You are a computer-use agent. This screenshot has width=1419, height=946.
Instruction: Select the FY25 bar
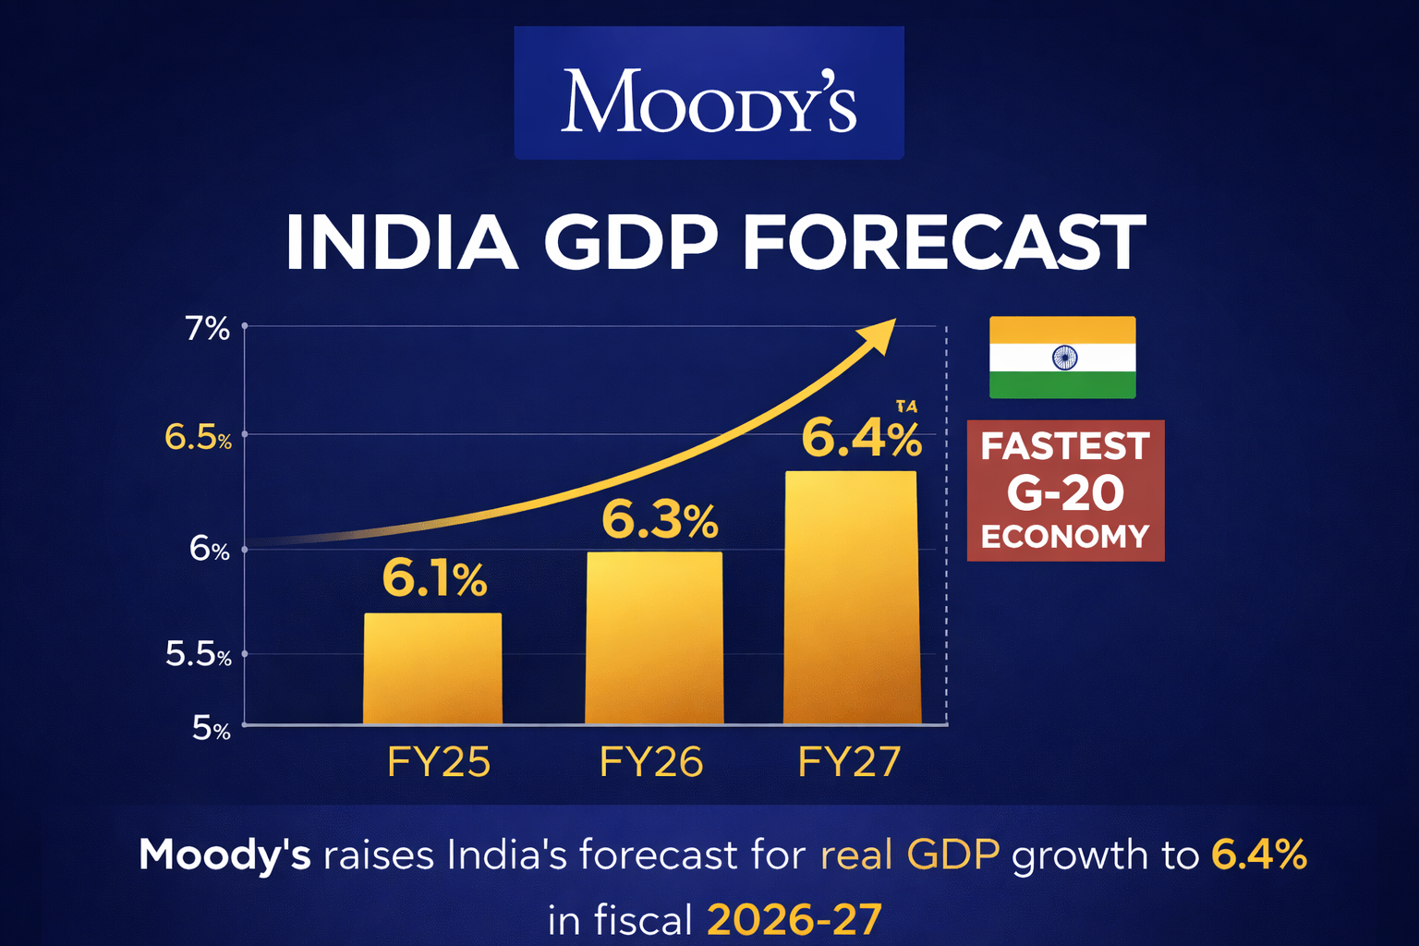432,669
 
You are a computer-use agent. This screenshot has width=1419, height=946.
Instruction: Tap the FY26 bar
654,638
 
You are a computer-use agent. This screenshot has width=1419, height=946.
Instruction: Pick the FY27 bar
851,598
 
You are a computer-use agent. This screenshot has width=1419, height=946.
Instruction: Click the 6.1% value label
434,580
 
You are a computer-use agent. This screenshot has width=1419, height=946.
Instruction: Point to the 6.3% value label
659,521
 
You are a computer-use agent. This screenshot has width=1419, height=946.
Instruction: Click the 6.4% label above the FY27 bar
861,439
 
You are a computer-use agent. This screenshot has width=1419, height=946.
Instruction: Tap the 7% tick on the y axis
207,329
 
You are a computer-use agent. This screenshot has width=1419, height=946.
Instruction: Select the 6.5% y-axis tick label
198,437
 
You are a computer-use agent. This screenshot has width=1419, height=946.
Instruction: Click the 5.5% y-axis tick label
198,655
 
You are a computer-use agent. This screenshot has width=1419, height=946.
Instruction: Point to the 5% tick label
211,729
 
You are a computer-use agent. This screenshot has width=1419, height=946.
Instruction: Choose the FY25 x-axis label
438,763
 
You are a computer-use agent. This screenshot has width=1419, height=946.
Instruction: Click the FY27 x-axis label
848,763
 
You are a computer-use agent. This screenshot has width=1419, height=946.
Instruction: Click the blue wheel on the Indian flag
1064,358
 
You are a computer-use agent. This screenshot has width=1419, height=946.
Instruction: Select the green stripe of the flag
1062,385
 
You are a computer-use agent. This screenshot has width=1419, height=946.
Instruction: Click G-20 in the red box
1065,493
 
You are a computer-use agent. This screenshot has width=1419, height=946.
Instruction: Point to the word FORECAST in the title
943,243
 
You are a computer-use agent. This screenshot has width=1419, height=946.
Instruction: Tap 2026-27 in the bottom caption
794,920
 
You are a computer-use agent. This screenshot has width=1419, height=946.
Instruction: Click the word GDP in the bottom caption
952,855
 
